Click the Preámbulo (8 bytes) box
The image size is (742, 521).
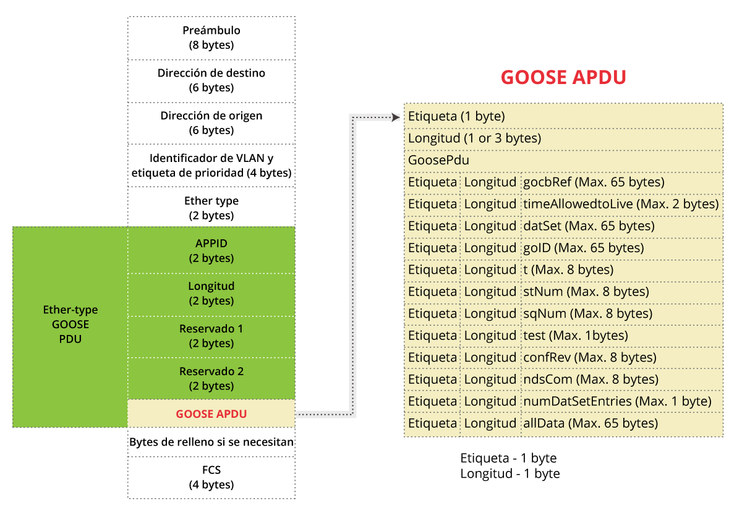tap(211, 38)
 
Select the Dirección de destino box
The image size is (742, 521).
tap(211, 80)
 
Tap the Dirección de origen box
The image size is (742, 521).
tap(211, 123)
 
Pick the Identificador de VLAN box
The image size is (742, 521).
tap(211, 166)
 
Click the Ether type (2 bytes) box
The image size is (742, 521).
tap(211, 208)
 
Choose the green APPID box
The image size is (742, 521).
tap(211, 251)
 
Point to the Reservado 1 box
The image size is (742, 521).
tap(211, 336)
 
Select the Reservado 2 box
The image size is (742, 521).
tap(211, 379)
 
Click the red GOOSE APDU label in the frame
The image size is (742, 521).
tap(211, 414)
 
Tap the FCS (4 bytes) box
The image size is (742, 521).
tap(211, 477)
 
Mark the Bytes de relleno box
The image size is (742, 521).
tap(211, 443)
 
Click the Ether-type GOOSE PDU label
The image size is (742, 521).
tap(70, 324)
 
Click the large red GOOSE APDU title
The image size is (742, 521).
tap(563, 77)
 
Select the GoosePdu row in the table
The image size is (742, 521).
tap(563, 160)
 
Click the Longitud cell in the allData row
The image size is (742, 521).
tap(490, 423)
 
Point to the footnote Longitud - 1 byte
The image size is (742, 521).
tap(510, 474)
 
